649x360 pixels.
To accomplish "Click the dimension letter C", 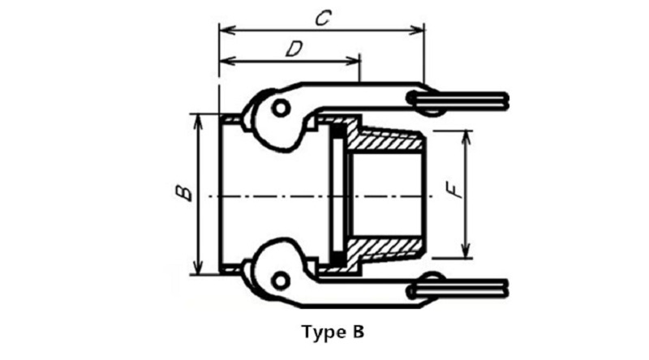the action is [323, 18].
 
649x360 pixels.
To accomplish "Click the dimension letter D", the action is [294, 49].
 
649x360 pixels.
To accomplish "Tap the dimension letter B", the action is [183, 193].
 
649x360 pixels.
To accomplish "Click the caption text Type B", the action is [333, 332].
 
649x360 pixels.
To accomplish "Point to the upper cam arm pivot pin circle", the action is [281, 109].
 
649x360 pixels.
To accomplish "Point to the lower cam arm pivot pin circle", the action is [280, 281].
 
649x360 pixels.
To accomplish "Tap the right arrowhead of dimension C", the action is [417, 30].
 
